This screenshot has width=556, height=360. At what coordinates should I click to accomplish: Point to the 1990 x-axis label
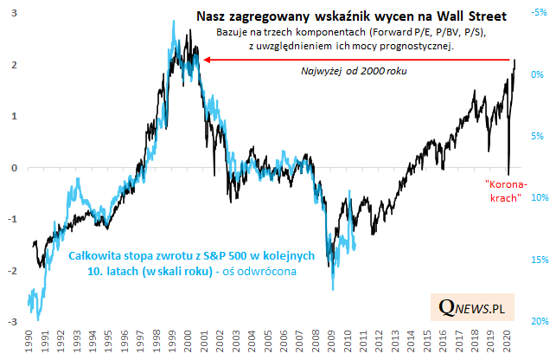point(30,343)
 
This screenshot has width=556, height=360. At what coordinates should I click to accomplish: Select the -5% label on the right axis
point(537,13)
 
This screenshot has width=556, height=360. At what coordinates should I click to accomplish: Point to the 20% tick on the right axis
point(538,322)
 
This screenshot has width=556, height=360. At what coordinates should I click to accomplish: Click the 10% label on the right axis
point(538,198)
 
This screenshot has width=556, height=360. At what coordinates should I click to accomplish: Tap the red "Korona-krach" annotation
point(502,192)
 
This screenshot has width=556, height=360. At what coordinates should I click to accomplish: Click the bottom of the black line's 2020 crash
point(508,174)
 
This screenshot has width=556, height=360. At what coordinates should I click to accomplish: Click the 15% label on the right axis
point(538,260)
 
